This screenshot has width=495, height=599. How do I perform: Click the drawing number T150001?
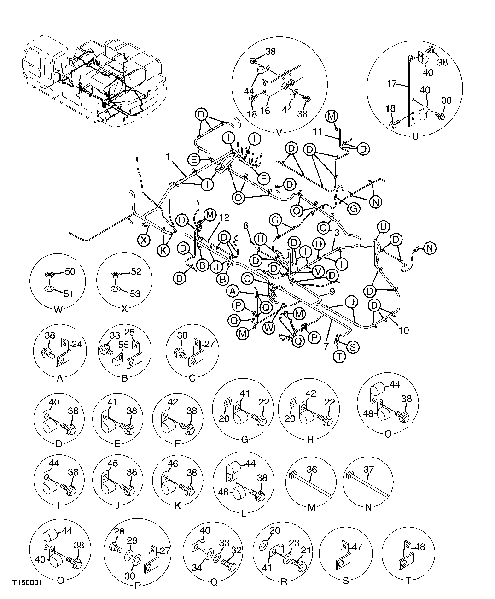coord(27,582)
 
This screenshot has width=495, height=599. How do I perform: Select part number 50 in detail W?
coord(70,272)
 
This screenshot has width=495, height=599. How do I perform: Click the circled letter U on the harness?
coord(383,227)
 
